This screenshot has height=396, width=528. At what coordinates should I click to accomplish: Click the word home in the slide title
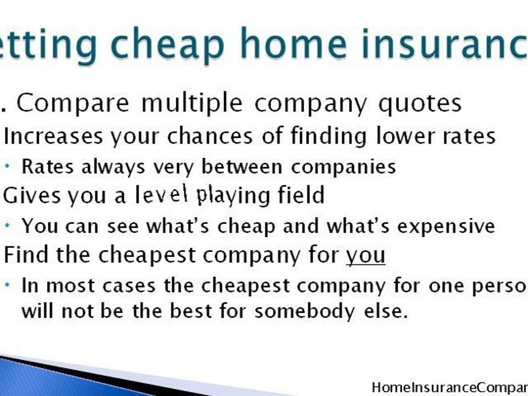tap(285, 45)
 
